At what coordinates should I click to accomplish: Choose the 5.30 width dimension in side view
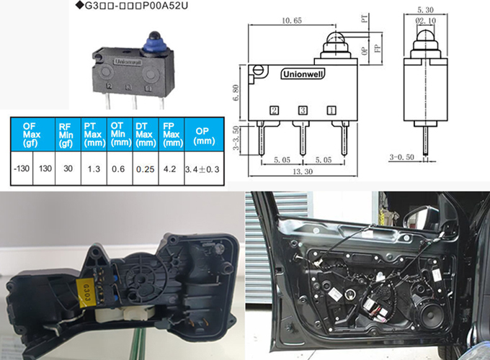pos(425,10)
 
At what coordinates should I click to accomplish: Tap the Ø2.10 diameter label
pos(425,22)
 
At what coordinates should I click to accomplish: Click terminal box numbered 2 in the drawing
pos(275,111)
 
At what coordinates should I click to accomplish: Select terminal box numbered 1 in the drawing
pos(331,111)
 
